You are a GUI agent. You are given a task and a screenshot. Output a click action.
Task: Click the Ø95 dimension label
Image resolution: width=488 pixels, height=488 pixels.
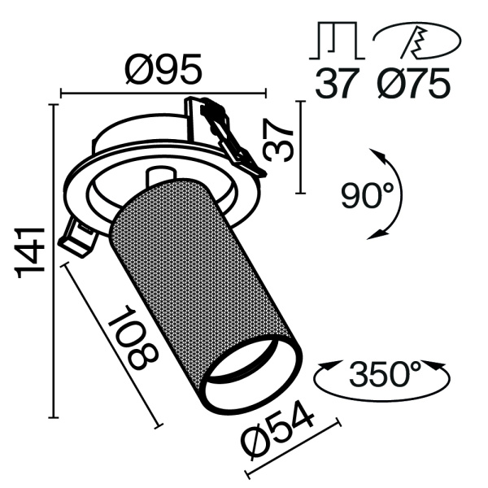coord(163,72)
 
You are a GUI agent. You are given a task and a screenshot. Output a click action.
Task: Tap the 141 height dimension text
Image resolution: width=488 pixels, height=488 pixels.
coord(30,253)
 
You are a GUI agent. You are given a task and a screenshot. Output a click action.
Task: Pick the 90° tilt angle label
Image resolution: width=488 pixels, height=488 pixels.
coord(367,196)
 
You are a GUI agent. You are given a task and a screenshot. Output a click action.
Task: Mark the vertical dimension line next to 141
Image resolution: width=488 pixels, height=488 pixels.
coord(54,260)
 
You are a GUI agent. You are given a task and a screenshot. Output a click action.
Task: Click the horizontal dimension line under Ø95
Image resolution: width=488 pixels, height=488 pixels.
coord(163,94)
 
